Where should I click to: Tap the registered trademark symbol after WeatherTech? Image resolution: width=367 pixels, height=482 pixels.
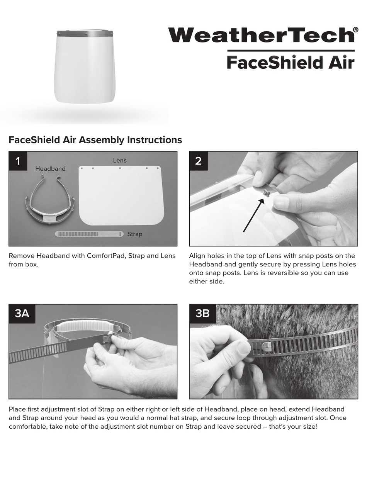[x=355, y=30]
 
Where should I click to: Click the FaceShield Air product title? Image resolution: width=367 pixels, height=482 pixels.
[x=290, y=62]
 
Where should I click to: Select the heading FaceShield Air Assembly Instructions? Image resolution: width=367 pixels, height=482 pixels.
[x=95, y=140]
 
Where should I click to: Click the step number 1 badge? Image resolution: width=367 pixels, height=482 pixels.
[x=18, y=161]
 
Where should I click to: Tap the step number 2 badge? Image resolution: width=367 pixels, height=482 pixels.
[x=198, y=161]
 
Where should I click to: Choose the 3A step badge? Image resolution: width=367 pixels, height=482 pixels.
[x=22, y=313]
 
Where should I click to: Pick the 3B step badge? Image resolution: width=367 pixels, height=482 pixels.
[x=202, y=313]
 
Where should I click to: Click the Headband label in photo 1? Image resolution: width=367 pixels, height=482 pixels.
[x=50, y=169]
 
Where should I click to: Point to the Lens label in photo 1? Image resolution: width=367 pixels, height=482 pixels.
[x=120, y=160]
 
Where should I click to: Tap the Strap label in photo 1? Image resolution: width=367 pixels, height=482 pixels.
[x=134, y=234]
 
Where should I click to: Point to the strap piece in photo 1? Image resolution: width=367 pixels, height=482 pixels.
[x=89, y=234]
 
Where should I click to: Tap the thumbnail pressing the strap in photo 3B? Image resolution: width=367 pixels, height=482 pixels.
[x=243, y=348]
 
